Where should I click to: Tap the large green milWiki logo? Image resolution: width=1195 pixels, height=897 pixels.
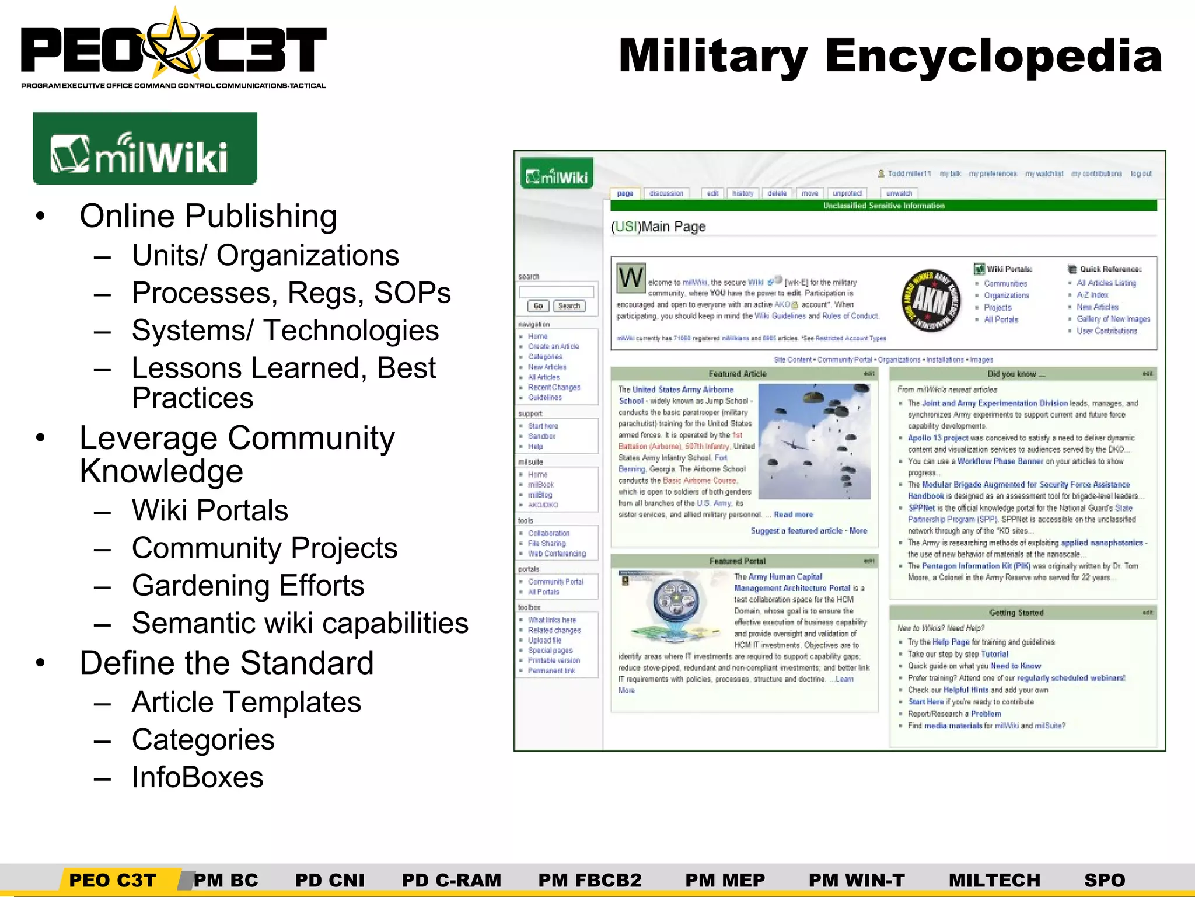145,148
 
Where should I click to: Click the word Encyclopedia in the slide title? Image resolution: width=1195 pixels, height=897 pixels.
993,56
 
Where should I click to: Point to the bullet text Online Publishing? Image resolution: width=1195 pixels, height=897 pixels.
208,216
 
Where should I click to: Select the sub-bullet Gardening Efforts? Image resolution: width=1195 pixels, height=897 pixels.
248,586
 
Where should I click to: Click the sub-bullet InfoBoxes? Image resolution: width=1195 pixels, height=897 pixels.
197,777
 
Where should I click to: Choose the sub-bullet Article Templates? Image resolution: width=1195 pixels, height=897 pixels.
246,702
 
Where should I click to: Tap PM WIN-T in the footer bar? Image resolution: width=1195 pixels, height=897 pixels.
857,880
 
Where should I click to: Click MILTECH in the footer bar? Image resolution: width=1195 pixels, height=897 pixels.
994,880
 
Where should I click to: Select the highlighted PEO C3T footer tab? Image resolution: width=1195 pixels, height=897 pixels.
113,880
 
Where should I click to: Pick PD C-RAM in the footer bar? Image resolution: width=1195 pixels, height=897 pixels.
451,880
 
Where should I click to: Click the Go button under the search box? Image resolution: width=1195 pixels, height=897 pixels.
538,306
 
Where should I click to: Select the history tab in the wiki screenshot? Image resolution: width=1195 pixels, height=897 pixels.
743,193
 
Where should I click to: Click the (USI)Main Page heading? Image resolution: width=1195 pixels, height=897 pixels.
658,227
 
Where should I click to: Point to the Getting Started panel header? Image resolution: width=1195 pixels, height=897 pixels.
1016,613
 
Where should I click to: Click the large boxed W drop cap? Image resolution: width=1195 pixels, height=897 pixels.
631,278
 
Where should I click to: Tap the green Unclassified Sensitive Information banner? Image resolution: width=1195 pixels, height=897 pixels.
883,206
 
